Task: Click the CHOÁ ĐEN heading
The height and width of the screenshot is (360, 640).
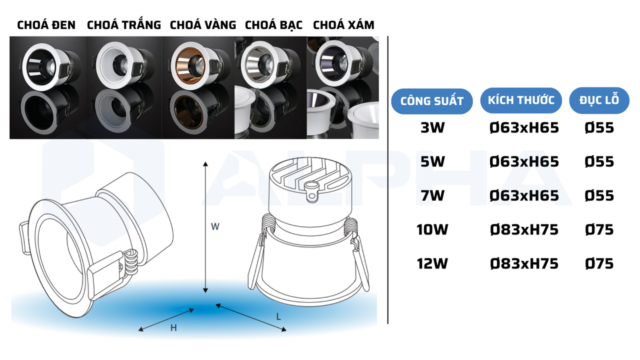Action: (x=46, y=25)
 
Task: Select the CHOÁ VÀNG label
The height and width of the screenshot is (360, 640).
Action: (x=202, y=25)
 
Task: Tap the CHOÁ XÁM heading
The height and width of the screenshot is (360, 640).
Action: (x=343, y=25)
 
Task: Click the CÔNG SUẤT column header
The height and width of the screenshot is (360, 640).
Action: (x=432, y=101)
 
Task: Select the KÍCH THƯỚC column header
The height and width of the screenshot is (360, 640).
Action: (x=521, y=100)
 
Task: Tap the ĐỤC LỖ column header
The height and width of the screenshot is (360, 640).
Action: (x=599, y=100)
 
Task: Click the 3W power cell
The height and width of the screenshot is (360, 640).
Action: (x=432, y=128)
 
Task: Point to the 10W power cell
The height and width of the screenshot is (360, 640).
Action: (x=432, y=230)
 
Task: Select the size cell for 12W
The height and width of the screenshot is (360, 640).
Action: (x=524, y=263)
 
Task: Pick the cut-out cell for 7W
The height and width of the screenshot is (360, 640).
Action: (x=599, y=195)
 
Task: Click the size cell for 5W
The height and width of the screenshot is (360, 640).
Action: (x=524, y=162)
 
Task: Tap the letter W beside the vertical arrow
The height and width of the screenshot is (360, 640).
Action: (x=215, y=226)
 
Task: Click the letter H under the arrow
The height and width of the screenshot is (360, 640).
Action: (x=173, y=328)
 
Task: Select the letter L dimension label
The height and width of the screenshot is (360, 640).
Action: (x=278, y=316)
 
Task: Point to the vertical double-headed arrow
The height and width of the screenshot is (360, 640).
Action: (x=205, y=227)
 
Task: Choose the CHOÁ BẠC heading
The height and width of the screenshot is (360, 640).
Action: (x=273, y=25)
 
